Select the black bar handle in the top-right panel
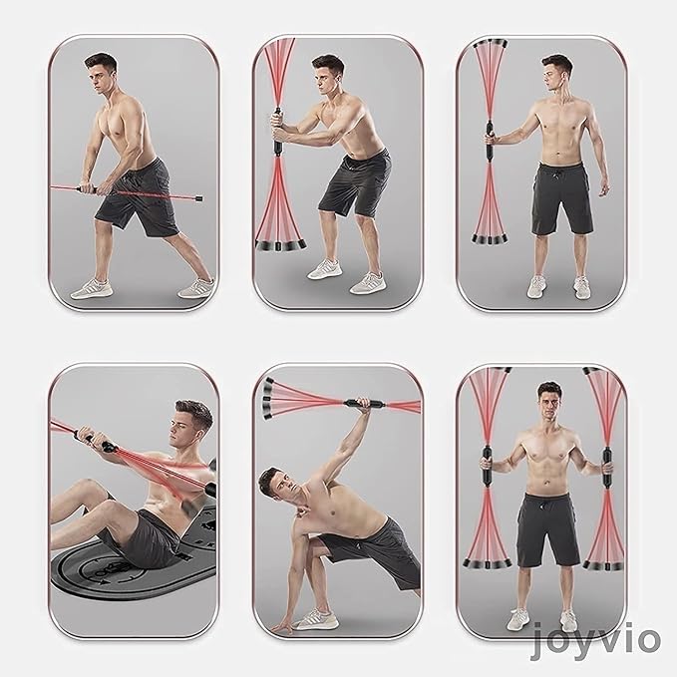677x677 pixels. pyautogui.click(x=490, y=140)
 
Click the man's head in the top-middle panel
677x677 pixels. pyautogui.click(x=327, y=74)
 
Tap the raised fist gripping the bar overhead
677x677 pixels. pyautogui.click(x=364, y=404)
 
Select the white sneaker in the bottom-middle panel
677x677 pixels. pyautogui.click(x=315, y=620)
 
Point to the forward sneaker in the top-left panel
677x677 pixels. pyautogui.click(x=92, y=289)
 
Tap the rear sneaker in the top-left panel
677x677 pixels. pyautogui.click(x=196, y=288)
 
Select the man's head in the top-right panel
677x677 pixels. pyautogui.click(x=556, y=72)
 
